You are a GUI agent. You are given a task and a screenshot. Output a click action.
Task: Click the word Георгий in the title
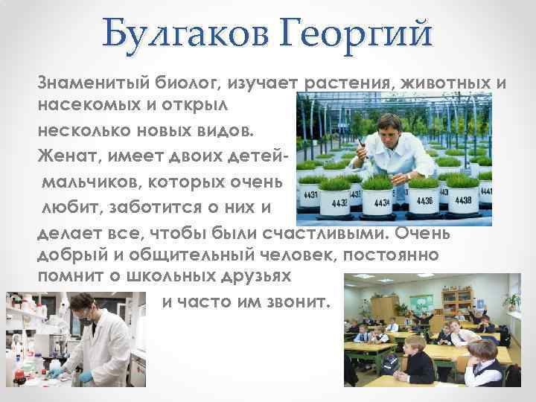355,34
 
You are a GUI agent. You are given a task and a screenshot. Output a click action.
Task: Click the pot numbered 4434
381,202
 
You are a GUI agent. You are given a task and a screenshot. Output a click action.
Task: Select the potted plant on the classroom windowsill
512,301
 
